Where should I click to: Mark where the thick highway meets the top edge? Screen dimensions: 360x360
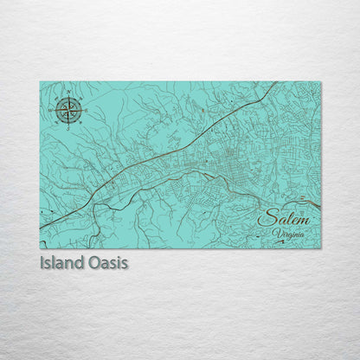[x=277, y=83]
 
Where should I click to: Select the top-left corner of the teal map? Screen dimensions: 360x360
[x=41, y=83]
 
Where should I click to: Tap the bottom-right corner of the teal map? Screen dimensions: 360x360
[x=320, y=248]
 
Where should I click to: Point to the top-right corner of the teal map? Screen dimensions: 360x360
[x=320, y=83]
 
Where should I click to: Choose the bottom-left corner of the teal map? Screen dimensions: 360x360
[x=41, y=248]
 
